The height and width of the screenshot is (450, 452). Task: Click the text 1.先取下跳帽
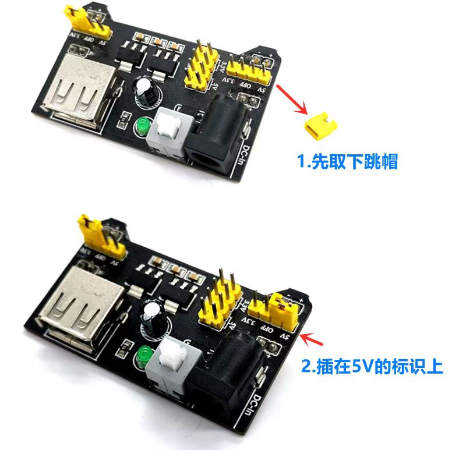347,161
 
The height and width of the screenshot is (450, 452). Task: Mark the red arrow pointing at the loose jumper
292,98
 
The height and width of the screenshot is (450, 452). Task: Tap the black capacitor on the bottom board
156,318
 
